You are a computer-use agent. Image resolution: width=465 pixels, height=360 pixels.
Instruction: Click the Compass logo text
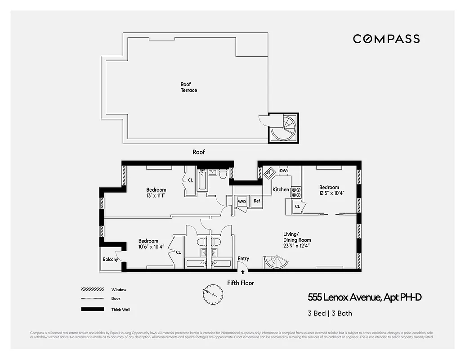pyautogui.click(x=386, y=39)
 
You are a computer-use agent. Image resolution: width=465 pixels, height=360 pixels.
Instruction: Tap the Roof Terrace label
pyautogui.click(x=188, y=87)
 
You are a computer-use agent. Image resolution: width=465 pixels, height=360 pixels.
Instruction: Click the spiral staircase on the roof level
pyautogui.click(x=283, y=128)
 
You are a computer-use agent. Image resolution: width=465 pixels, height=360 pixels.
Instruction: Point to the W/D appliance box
pyautogui.click(x=242, y=201)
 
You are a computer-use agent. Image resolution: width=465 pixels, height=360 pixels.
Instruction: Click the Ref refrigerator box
pyautogui.click(x=257, y=201)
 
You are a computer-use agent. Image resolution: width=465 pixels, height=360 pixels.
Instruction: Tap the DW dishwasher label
pyautogui.click(x=283, y=171)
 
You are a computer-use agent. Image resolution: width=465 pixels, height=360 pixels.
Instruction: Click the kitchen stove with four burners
pyautogui.click(x=296, y=193)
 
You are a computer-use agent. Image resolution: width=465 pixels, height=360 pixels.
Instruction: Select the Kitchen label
pyautogui.click(x=281, y=189)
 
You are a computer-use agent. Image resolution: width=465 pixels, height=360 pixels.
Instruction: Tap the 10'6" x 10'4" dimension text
pyautogui.click(x=151, y=247)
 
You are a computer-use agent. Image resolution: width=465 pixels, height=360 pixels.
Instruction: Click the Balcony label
pyautogui.click(x=110, y=259)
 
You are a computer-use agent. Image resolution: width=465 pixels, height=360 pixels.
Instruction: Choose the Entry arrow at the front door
pyautogui.click(x=243, y=271)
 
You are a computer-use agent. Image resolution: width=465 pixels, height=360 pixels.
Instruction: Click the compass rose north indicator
pyautogui.click(x=212, y=293)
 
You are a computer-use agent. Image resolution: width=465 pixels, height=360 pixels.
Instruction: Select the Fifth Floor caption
pyautogui.click(x=240, y=283)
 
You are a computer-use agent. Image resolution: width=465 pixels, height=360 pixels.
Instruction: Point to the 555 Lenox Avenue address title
pyautogui.click(x=364, y=297)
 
